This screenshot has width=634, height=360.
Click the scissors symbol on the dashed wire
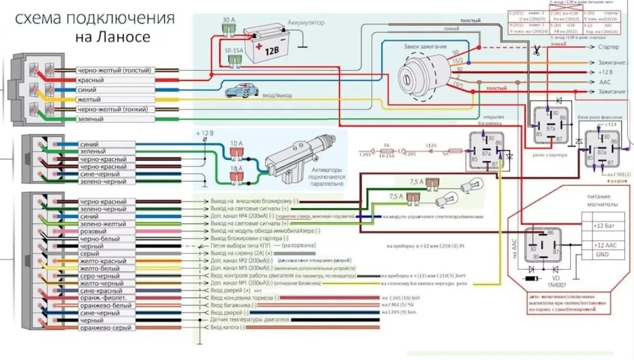coord(536,52)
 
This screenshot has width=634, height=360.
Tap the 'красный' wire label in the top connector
coord(91,80)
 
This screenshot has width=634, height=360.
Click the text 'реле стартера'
coord(550,155)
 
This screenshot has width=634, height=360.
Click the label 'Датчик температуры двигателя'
coord(250,319)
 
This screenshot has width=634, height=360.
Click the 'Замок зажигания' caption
coord(424,46)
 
